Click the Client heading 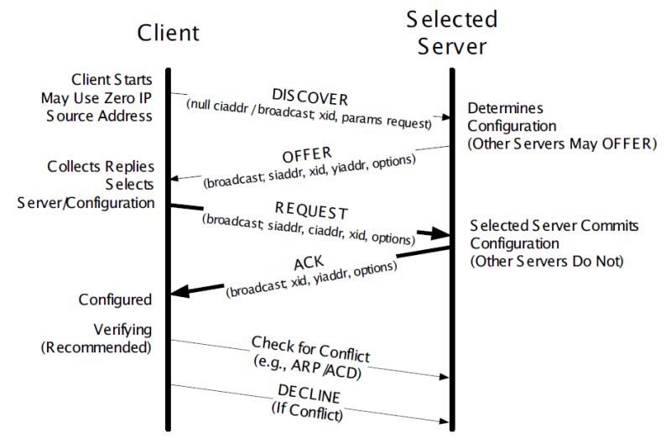tap(169, 32)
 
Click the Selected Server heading tap(451, 31)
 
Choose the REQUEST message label tap(311, 210)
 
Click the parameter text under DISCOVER tap(308, 113)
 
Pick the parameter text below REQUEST tap(309, 227)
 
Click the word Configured tap(115, 300)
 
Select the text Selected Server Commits tap(554, 227)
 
